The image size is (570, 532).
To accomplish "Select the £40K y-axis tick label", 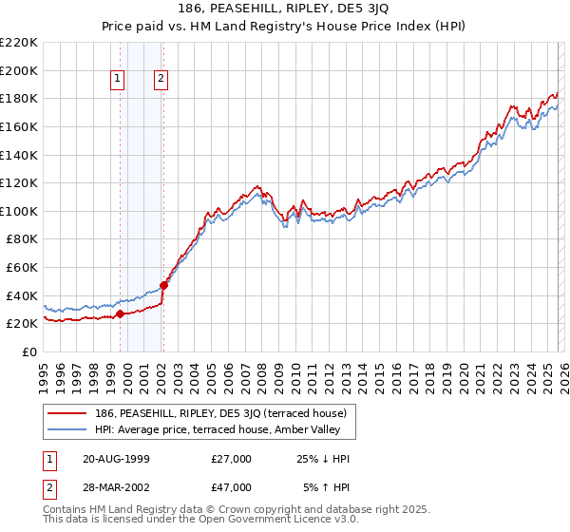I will click(x=22, y=295).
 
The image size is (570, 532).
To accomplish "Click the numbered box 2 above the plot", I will click(x=162, y=80).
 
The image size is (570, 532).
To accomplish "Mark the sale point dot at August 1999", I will click(x=120, y=313).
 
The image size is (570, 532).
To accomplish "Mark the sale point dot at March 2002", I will click(x=163, y=285).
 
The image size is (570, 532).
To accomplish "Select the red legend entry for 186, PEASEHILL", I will click(x=225, y=413).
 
